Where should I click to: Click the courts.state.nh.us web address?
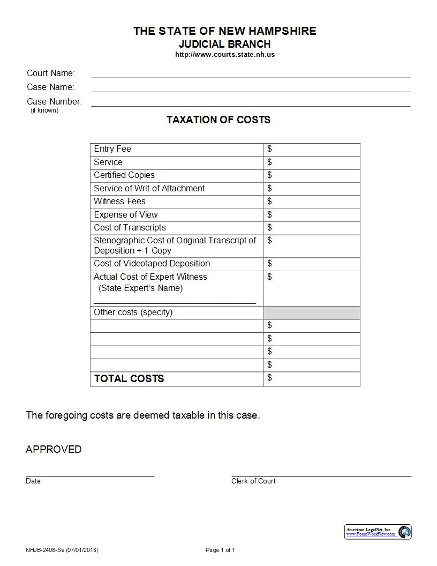(x=225, y=55)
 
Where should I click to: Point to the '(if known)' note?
(x=44, y=110)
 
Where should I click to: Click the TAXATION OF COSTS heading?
(x=218, y=120)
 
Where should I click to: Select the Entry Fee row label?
(x=112, y=149)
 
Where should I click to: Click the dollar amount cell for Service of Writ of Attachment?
(x=312, y=189)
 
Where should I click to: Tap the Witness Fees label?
(x=119, y=202)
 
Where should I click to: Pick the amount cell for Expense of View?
(x=312, y=215)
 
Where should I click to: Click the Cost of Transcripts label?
(x=130, y=228)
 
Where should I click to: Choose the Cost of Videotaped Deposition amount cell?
(x=312, y=264)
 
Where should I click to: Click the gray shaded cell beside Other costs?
(x=312, y=313)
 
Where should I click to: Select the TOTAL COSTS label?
(x=129, y=379)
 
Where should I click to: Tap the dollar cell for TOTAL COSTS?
(x=312, y=379)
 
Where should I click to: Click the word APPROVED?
(x=54, y=450)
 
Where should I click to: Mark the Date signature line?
(x=90, y=475)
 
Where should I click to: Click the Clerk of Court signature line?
(x=321, y=475)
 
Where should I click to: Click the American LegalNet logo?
(x=378, y=532)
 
